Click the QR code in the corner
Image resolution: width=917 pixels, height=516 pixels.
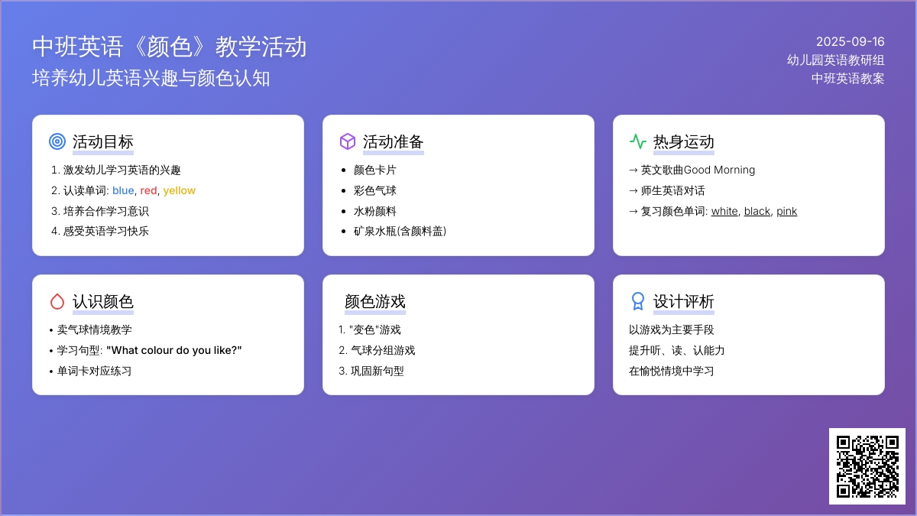click(867, 466)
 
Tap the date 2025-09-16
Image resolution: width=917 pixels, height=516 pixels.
click(851, 42)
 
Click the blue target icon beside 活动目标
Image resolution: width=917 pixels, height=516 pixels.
click(57, 141)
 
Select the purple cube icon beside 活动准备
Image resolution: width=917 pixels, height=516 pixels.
click(348, 141)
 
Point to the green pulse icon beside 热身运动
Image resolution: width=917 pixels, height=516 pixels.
click(638, 141)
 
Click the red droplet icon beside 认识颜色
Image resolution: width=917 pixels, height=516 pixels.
click(57, 301)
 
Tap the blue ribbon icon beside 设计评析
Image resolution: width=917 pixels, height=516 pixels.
click(638, 301)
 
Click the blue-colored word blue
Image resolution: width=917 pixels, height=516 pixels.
click(123, 190)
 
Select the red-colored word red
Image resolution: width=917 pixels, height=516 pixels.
click(148, 191)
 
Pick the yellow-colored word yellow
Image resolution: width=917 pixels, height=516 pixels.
click(180, 191)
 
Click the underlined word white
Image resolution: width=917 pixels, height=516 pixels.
click(724, 211)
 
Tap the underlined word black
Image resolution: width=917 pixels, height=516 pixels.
click(757, 211)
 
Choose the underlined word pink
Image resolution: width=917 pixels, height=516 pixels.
click(787, 212)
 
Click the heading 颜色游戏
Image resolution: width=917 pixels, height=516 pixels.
click(375, 301)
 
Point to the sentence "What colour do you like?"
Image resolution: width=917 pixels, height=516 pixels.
click(174, 351)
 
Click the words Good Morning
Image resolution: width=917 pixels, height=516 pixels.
click(719, 170)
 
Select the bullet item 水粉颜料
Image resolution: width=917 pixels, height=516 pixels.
click(375, 211)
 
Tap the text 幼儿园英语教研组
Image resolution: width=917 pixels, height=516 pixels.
click(835, 60)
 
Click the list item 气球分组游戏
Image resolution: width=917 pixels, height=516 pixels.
click(383, 351)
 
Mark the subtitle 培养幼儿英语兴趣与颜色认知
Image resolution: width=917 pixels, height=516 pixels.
click(151, 78)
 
